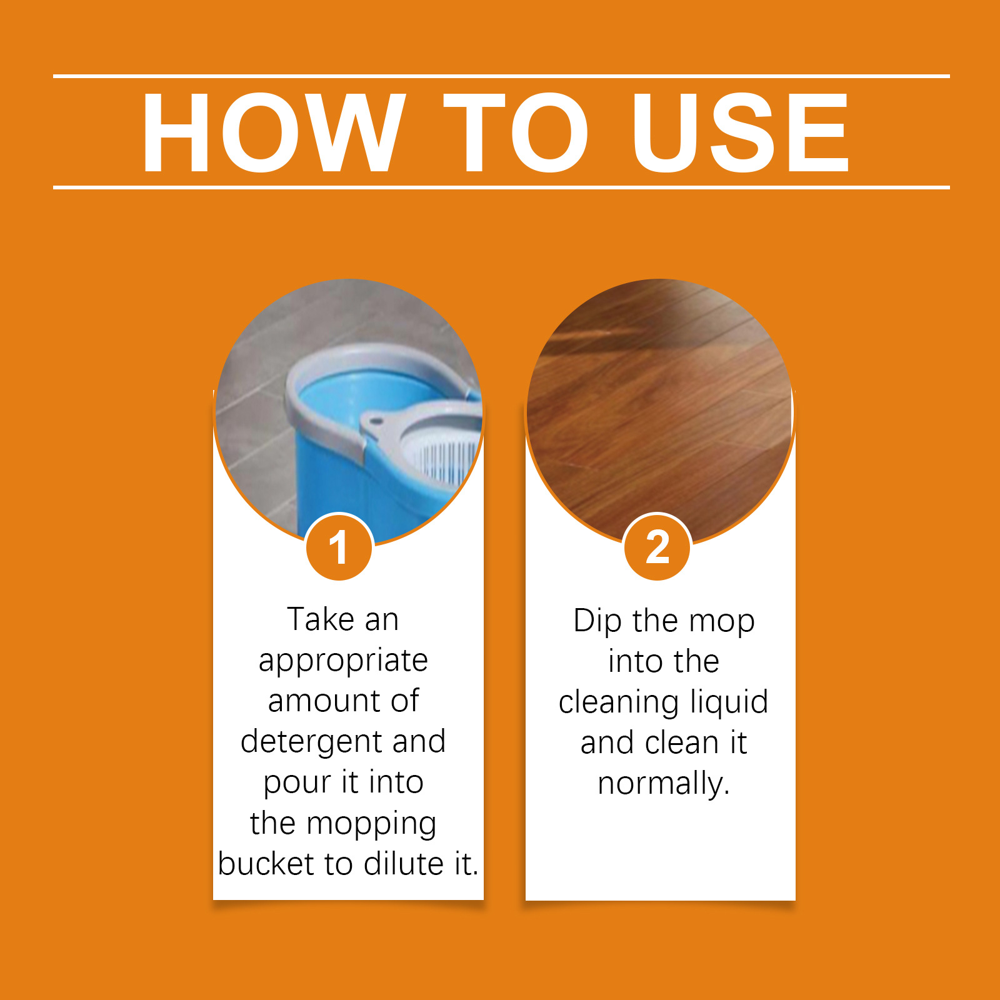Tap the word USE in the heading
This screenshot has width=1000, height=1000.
(x=741, y=132)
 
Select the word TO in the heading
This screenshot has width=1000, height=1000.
(x=516, y=132)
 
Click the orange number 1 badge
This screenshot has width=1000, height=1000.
(x=339, y=547)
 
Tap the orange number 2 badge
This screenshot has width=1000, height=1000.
(x=657, y=547)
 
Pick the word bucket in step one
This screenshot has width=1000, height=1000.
(x=266, y=864)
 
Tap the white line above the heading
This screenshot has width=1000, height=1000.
(x=501, y=76)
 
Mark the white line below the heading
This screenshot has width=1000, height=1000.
(x=501, y=187)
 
